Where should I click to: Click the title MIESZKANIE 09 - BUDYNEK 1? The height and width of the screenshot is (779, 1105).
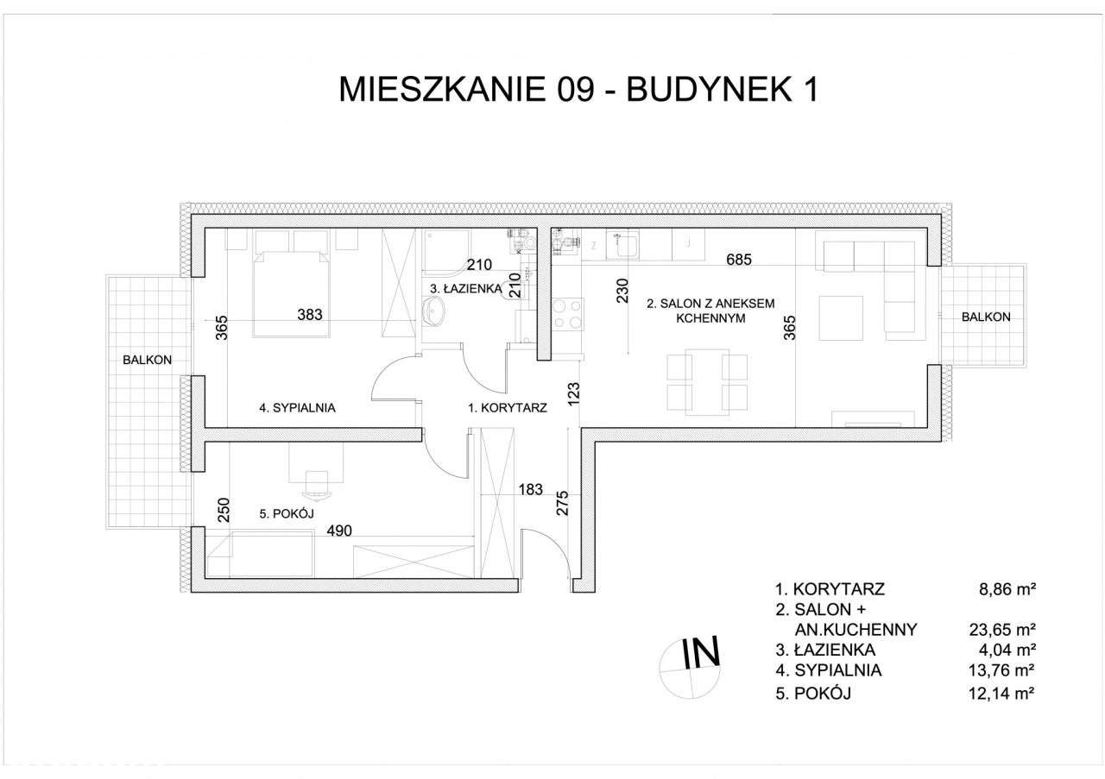tap(578, 90)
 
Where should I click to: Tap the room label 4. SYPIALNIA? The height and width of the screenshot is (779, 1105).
tap(297, 408)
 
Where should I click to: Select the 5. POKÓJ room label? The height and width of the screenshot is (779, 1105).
tap(286, 514)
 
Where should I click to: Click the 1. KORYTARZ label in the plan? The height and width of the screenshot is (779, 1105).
tap(507, 409)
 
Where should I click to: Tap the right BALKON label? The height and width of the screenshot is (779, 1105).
tap(986, 317)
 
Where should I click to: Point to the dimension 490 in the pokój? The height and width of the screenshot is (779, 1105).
tap(339, 532)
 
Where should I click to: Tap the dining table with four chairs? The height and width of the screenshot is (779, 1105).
tap(706, 381)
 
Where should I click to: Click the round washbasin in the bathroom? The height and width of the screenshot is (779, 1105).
tap(433, 313)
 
